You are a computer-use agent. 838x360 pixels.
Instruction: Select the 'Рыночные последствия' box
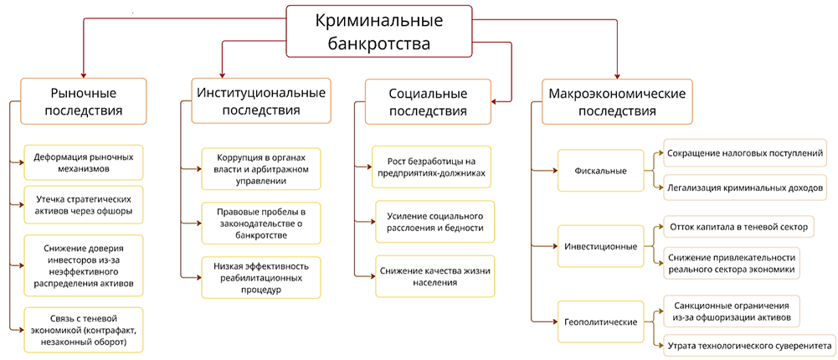tap(83, 100)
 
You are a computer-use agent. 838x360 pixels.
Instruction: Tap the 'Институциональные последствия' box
tap(260, 100)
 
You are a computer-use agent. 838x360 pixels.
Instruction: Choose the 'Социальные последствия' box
tap(429, 100)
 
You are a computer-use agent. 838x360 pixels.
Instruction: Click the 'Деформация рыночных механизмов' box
tap(84, 162)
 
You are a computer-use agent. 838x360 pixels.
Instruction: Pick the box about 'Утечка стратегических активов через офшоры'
tap(84, 206)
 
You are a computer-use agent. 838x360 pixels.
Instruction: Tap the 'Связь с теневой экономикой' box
tap(84, 330)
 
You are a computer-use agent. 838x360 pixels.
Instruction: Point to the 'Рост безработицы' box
tap(431, 167)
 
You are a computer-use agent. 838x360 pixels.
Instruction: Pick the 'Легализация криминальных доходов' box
tap(745, 188)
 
